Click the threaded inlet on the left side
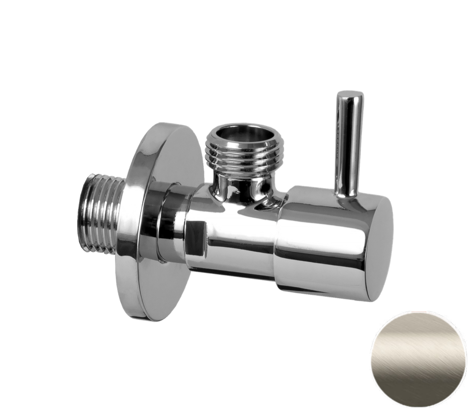(x=99, y=214)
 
